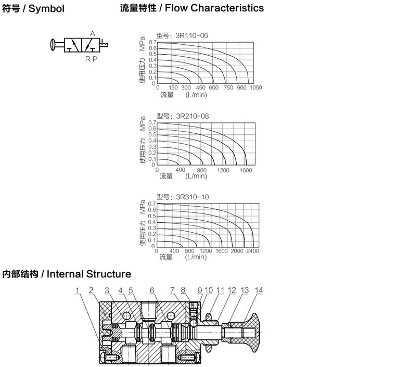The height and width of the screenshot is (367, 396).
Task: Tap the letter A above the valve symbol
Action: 93,33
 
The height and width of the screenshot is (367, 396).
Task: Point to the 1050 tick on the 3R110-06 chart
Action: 256,88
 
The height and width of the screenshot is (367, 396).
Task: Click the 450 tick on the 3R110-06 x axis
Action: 200,88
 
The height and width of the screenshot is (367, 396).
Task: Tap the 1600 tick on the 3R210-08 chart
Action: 246,170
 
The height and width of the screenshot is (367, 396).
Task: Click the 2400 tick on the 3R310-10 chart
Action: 252,251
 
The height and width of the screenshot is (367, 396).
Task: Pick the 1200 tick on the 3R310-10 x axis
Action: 206,251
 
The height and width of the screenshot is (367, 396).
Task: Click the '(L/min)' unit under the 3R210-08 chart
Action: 196,176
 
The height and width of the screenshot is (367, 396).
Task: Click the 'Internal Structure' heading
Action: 89,274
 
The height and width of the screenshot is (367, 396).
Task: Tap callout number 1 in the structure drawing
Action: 77,290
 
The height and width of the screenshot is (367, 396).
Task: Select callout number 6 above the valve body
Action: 152,290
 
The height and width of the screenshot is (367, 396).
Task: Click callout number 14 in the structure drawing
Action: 259,290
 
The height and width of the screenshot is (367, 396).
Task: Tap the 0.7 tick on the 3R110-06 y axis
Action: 153,42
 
